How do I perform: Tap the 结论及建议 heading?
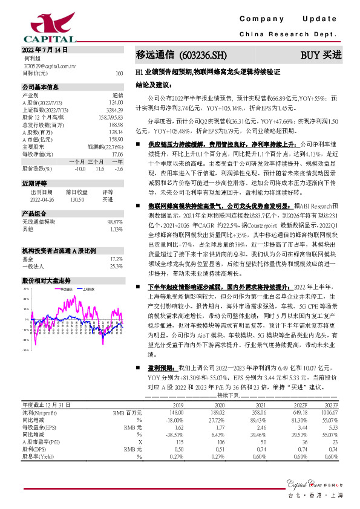pyautogui.click(x=151, y=85)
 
